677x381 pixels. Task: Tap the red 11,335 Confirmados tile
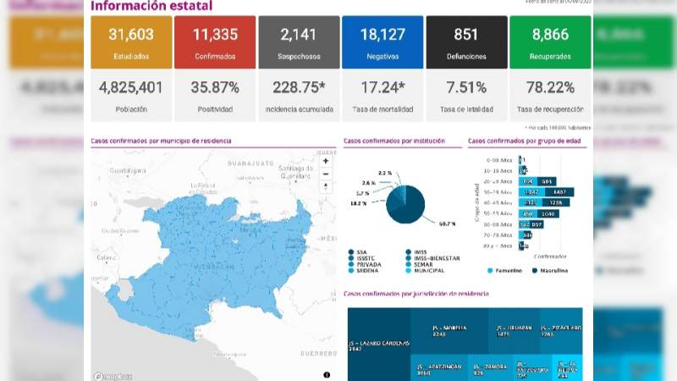(214, 41)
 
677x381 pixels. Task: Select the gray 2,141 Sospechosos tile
(298, 41)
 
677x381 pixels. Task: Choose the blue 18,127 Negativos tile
(382, 41)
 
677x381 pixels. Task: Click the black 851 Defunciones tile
(465, 41)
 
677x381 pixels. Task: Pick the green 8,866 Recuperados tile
(550, 41)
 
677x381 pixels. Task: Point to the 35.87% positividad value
(214, 87)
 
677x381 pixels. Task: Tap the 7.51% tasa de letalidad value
(465, 87)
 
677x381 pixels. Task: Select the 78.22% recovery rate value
(550, 87)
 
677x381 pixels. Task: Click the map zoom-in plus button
(326, 161)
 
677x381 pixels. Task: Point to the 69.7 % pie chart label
(447, 224)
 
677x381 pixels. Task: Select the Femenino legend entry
(504, 270)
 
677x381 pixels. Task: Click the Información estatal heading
(151, 7)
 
